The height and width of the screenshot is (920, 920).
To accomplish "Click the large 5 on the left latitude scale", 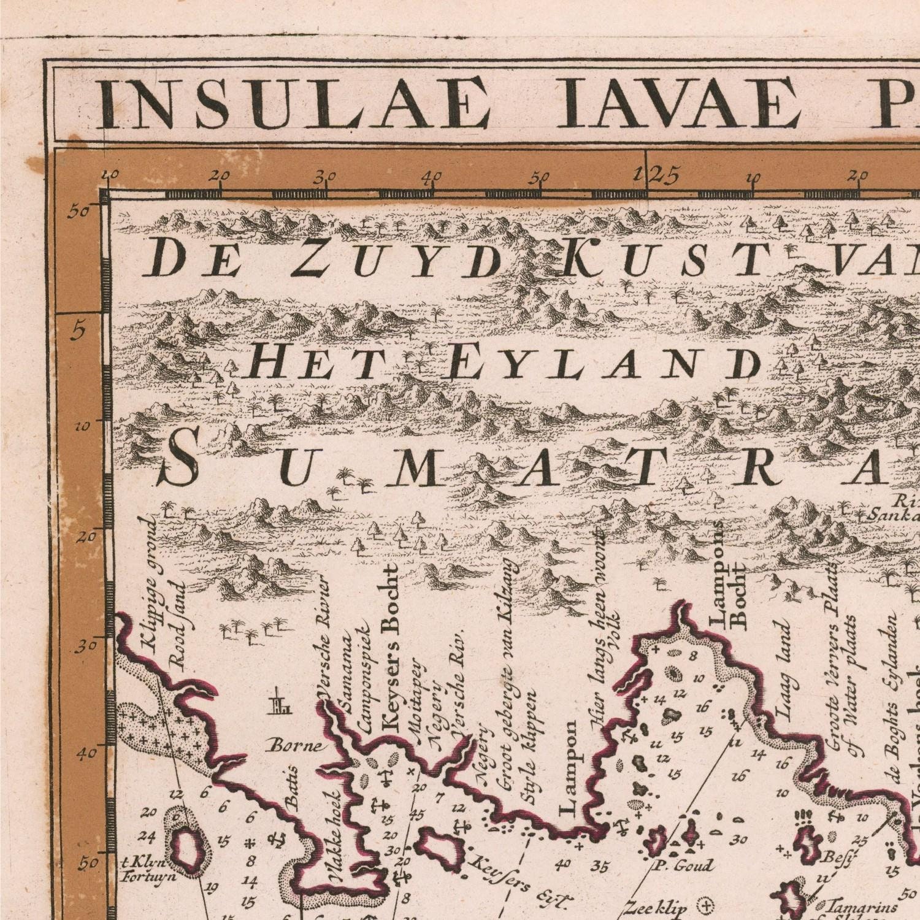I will [x=78, y=332].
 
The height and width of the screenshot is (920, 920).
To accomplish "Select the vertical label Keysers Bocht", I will [x=389, y=650].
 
